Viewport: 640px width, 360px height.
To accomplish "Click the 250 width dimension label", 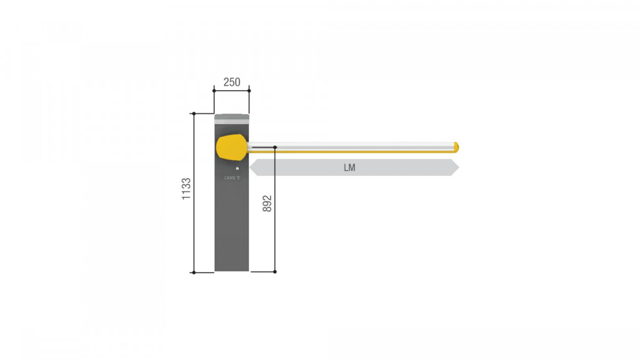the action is coord(231,82).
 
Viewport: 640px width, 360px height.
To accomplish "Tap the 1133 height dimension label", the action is coord(186,189).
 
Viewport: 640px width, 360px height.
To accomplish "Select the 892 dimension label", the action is coord(267,203).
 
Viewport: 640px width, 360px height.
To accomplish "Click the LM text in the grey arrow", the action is coord(349,167).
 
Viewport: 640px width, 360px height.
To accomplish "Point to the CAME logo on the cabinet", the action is coord(232,178).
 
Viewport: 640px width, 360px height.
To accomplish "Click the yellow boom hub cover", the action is coord(231,147).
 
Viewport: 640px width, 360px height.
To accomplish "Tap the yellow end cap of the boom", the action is coord(457,147).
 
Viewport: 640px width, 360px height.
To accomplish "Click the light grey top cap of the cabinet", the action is coord(231,119).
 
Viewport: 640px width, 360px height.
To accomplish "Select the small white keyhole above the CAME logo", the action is coord(237,169).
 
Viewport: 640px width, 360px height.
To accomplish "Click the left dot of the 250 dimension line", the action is coord(214,91).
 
